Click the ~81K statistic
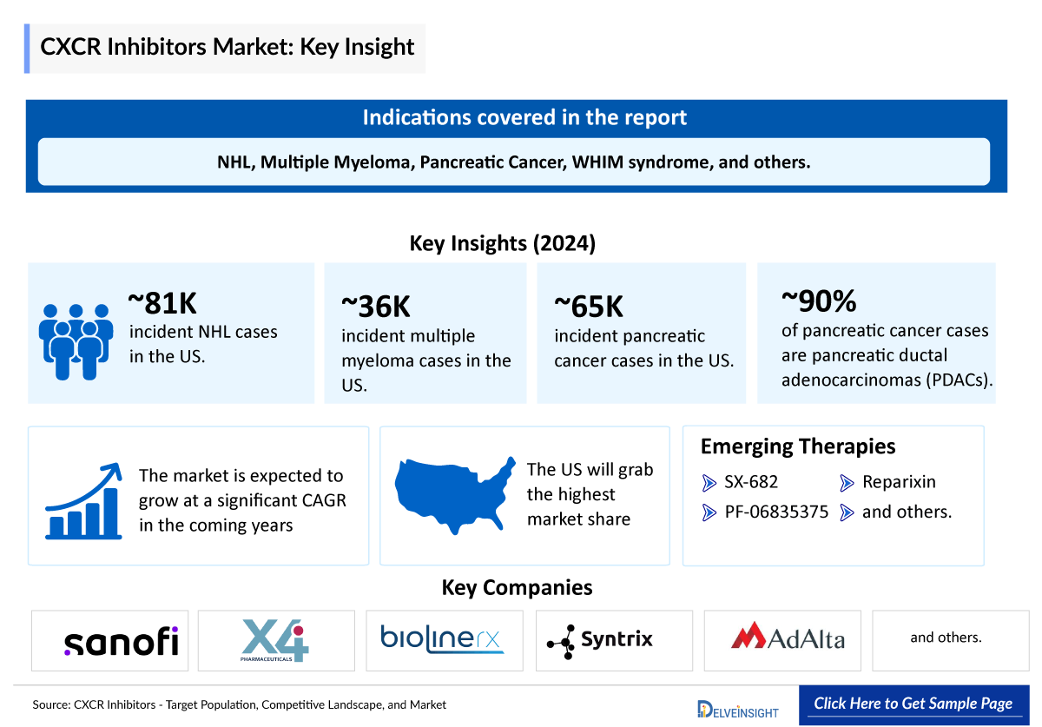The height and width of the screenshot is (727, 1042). [x=163, y=303]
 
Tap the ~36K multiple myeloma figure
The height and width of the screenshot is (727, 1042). [x=376, y=307]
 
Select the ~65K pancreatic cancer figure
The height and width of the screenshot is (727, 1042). [x=589, y=307]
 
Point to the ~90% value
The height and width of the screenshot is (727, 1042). [x=819, y=301]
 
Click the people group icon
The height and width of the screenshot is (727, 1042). [x=76, y=340]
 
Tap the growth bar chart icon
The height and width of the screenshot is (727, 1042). [x=83, y=501]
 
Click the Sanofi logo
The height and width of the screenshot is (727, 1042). [x=121, y=642]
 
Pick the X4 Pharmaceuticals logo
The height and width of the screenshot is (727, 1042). [x=276, y=641]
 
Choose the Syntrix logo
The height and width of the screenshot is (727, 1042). [x=600, y=641]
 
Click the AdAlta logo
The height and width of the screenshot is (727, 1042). [x=788, y=638]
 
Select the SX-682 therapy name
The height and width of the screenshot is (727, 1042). [x=751, y=482]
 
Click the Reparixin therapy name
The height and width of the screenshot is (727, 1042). [x=899, y=482]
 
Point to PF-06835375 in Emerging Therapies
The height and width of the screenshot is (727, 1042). [x=776, y=512]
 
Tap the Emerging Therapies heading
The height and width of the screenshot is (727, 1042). [x=798, y=446]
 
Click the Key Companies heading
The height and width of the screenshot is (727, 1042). [x=517, y=588]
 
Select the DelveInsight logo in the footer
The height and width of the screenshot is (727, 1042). [x=737, y=709]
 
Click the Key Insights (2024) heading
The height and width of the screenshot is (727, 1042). [x=503, y=244]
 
